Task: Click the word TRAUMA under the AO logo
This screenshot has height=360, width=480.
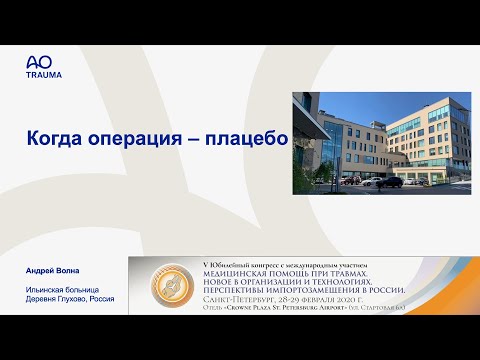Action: pos(43,75)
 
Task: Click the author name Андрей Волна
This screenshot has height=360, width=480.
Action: pos(51,272)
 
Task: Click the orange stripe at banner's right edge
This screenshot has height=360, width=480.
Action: pos(411,286)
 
